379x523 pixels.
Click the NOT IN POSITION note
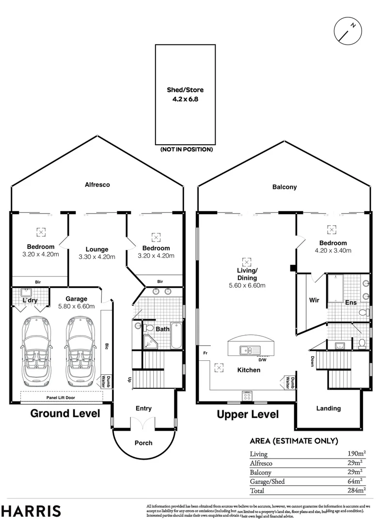click(186, 150)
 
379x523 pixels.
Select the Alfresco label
click(97, 185)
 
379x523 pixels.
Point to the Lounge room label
click(96, 249)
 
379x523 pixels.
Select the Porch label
click(143, 443)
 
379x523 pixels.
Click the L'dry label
click(30, 300)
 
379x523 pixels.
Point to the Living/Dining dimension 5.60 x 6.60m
click(247, 285)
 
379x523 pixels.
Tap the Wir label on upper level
click(314, 300)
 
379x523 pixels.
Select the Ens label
click(351, 303)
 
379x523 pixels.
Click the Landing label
click(329, 408)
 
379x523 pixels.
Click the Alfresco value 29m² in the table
click(357, 463)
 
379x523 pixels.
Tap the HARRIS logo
click(31, 511)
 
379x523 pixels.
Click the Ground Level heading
click(65, 414)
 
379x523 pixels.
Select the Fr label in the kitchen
click(206, 353)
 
